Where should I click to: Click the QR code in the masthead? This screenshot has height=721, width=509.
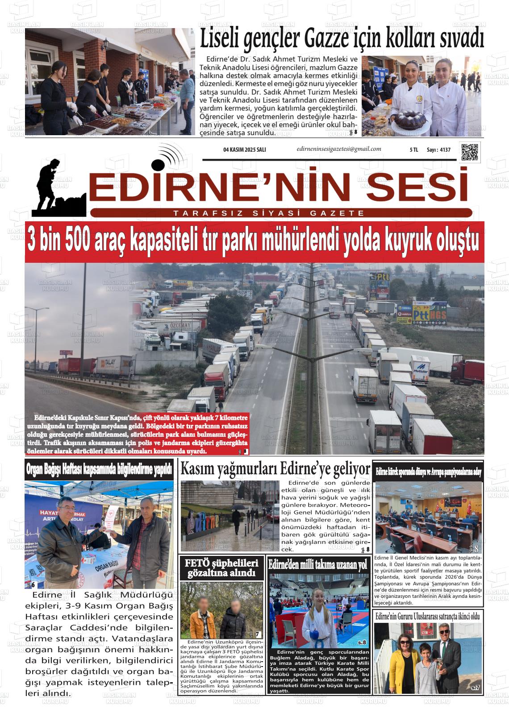(469, 152)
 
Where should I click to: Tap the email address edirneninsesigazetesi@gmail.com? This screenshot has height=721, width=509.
(339, 149)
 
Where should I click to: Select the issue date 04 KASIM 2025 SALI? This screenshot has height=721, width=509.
(244, 150)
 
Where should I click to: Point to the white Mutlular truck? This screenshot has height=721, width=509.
(420, 369)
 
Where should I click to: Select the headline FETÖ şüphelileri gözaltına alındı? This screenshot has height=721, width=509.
(222, 568)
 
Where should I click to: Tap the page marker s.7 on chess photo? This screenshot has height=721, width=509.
(475, 688)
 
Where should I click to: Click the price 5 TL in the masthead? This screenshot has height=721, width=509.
(413, 150)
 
